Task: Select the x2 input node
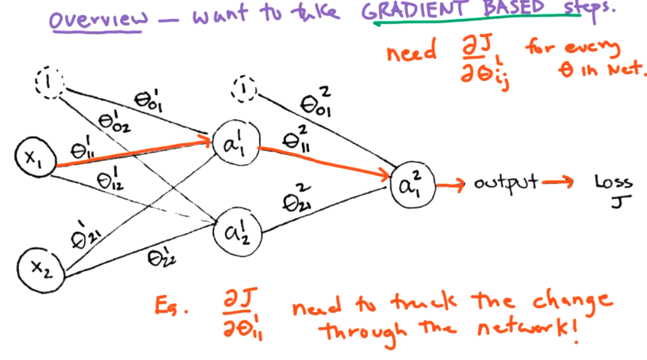pyautogui.click(x=39, y=268)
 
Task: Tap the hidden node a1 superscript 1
pyautogui.click(x=233, y=143)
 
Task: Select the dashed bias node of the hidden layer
pyautogui.click(x=243, y=88)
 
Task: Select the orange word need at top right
pyautogui.click(x=411, y=53)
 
